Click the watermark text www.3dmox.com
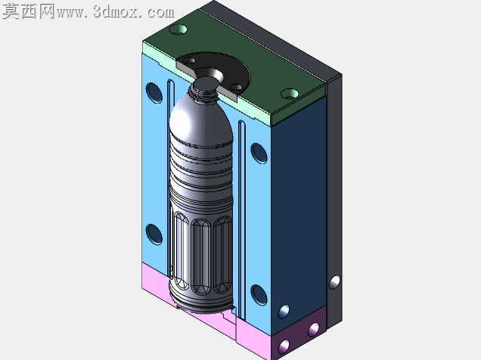(x=116, y=12)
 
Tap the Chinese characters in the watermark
(x=29, y=11)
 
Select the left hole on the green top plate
(x=178, y=29)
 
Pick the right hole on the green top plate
(x=290, y=93)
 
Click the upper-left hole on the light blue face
(x=154, y=92)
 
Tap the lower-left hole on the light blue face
(x=154, y=234)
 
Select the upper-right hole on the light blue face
(x=259, y=153)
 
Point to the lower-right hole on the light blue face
(x=259, y=295)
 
